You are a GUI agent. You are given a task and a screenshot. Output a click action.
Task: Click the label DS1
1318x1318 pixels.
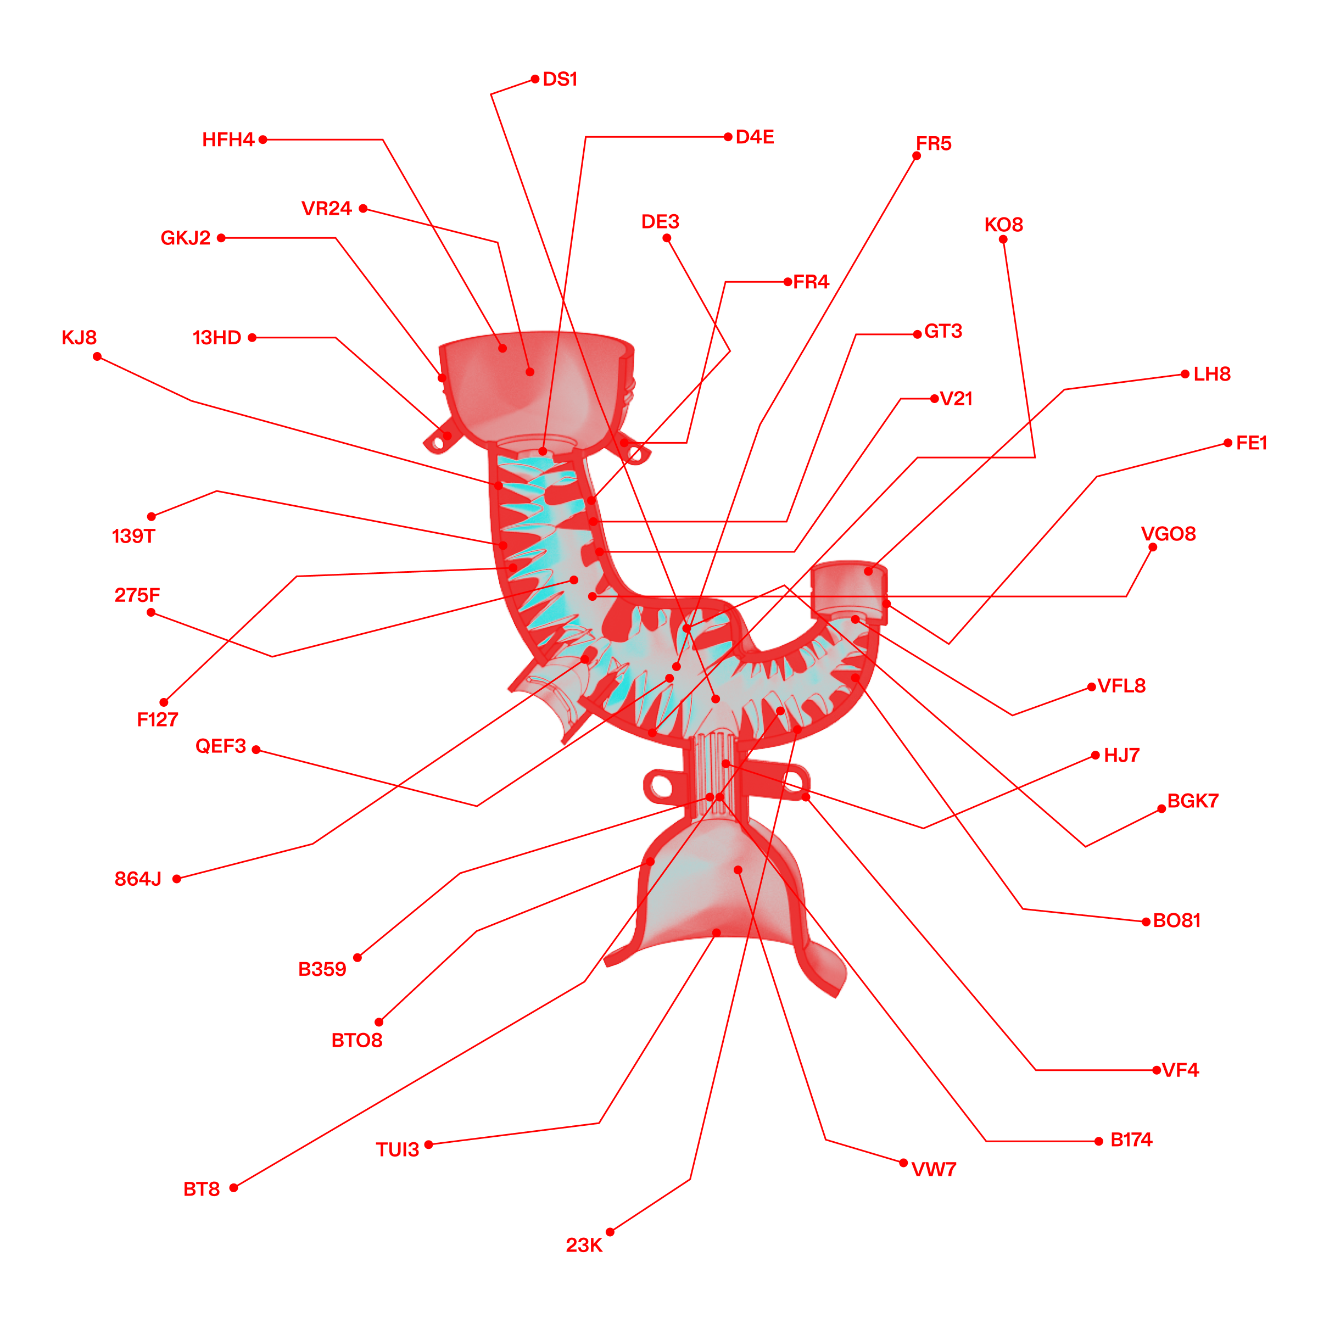(x=560, y=79)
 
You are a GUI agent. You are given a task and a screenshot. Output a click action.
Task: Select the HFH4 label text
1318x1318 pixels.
(x=228, y=140)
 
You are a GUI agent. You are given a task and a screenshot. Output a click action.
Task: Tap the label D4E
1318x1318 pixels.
(x=755, y=137)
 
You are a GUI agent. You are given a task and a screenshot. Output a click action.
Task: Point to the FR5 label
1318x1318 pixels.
(x=933, y=143)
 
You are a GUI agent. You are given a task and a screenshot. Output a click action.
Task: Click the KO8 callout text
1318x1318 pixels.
(x=1003, y=225)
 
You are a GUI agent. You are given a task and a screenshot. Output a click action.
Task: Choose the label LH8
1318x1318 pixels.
(x=1211, y=374)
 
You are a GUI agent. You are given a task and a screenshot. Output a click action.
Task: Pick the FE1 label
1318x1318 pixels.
(x=1251, y=443)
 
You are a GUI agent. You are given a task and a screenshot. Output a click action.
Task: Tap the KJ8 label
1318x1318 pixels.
(x=79, y=338)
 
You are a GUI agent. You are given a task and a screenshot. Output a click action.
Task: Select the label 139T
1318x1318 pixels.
(x=133, y=536)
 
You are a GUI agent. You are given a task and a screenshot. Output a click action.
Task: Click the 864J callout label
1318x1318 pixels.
(x=138, y=879)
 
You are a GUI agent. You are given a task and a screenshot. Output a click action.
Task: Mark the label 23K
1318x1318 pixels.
(x=584, y=1245)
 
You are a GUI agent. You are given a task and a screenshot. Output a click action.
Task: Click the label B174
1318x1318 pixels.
(x=1131, y=1140)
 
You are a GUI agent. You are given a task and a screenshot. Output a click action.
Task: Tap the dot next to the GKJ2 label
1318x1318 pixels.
(x=221, y=238)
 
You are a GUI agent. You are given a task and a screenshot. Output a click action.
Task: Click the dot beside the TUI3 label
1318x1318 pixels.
(x=428, y=1144)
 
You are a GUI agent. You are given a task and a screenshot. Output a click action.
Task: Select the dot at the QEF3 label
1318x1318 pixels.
(x=256, y=750)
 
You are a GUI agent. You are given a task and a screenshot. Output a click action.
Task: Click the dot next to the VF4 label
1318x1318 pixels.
(x=1157, y=1070)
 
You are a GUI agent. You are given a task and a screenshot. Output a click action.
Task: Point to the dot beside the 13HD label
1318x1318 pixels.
(x=252, y=338)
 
